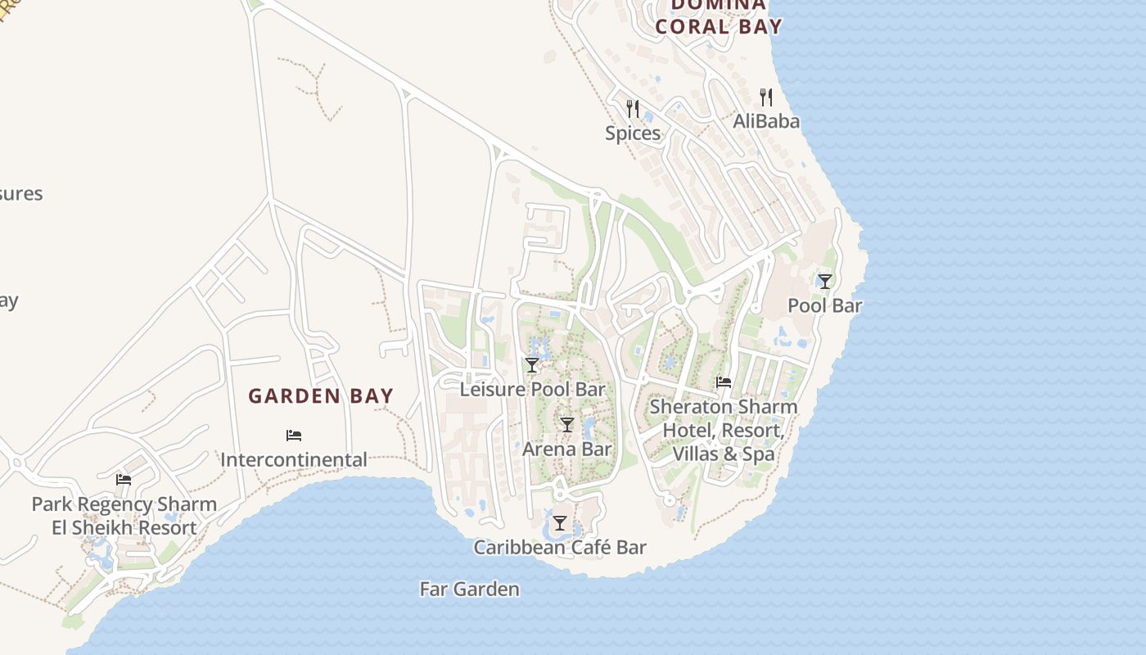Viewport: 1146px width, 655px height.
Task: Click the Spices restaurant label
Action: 633,133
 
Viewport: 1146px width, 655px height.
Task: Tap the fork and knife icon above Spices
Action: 632,108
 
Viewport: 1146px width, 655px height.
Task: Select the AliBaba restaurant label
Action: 766,121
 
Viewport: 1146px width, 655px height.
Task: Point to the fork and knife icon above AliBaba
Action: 766,97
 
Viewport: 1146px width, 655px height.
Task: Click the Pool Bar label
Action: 825,305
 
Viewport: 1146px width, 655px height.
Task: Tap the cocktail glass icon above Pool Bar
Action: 825,282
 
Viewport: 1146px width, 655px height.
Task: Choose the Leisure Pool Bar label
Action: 532,389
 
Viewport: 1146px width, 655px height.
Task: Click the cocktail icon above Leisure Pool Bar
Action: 532,365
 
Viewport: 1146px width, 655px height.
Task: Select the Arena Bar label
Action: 566,449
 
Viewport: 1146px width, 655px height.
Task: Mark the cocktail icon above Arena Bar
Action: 566,425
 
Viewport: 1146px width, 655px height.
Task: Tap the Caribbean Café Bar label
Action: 560,548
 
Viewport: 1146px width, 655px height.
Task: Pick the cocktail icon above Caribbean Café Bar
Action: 560,523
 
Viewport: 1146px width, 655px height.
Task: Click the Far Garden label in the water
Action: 469,589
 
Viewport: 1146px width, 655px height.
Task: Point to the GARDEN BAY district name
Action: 321,396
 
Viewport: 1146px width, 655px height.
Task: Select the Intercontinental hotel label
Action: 294,459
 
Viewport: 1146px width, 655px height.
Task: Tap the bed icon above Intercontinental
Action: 294,436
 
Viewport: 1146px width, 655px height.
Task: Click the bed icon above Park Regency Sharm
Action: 124,480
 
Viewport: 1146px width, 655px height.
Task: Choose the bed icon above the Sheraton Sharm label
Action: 724,382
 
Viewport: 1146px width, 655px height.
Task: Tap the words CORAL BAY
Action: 719,26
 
